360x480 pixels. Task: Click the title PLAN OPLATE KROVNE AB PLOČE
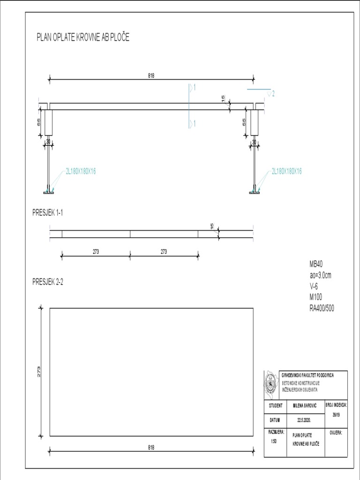pyautogui.click(x=82, y=38)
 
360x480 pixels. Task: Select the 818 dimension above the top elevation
pyautogui.click(x=151, y=75)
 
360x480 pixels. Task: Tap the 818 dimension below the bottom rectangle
pyautogui.click(x=151, y=448)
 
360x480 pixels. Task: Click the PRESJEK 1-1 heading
pyautogui.click(x=47, y=212)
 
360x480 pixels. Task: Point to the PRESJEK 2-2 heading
pyautogui.click(x=48, y=282)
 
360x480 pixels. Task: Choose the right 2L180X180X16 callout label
pyautogui.click(x=286, y=172)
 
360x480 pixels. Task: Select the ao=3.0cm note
pyautogui.click(x=323, y=275)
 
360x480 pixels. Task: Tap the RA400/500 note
pyautogui.click(x=322, y=308)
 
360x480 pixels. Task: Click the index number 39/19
pyautogui.click(x=336, y=414)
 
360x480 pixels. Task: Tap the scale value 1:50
pyautogui.click(x=273, y=441)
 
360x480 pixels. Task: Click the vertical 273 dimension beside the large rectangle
pyautogui.click(x=39, y=372)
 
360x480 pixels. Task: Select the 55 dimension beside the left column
pyautogui.click(x=39, y=121)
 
